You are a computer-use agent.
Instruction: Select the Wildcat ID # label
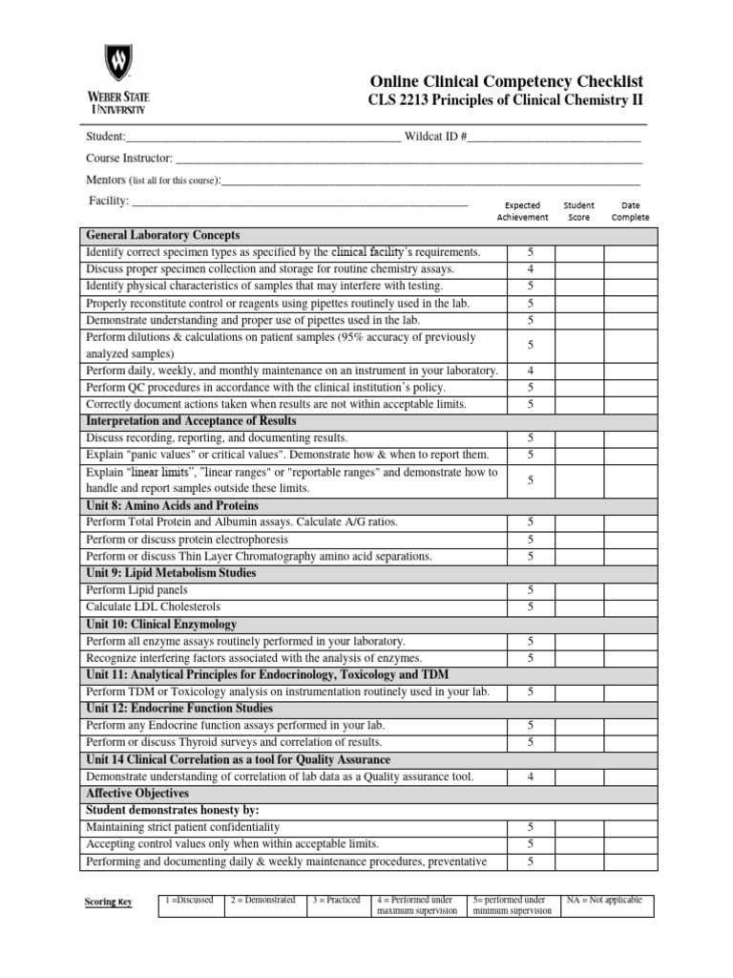pos(435,137)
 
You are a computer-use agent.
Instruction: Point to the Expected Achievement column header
pos(522,211)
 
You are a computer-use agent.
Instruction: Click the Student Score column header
pos(578,211)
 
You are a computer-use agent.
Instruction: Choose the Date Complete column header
pos(630,211)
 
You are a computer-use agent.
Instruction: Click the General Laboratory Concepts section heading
pos(163,235)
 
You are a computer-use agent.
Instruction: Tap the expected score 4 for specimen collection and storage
pos(530,269)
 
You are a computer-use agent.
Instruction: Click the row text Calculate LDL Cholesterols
pos(154,606)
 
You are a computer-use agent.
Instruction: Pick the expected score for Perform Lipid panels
pos(530,590)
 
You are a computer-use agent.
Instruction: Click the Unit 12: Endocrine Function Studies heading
pos(179,709)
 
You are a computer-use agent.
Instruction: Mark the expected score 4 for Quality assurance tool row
pos(530,776)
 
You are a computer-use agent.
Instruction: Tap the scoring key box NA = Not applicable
pos(604,901)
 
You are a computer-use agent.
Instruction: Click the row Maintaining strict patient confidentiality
pos(183,827)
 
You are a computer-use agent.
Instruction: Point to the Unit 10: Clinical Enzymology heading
pos(162,624)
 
